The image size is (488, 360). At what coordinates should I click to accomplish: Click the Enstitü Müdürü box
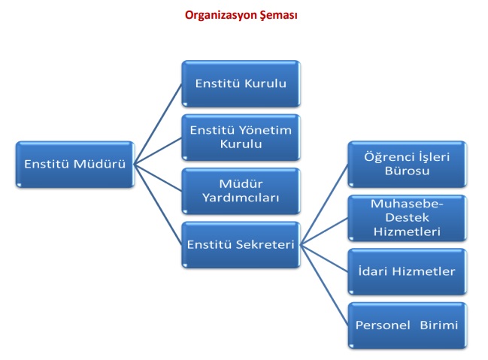(74, 163)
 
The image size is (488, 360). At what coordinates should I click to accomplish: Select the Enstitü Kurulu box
(241, 83)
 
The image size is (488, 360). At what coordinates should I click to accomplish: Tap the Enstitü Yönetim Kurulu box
(241, 137)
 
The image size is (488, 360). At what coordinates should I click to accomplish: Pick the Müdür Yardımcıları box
(241, 190)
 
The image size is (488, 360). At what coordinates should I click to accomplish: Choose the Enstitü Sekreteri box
(241, 244)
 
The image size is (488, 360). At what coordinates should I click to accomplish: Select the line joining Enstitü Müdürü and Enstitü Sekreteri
(159, 203)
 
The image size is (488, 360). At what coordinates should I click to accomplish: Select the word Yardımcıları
(241, 198)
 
